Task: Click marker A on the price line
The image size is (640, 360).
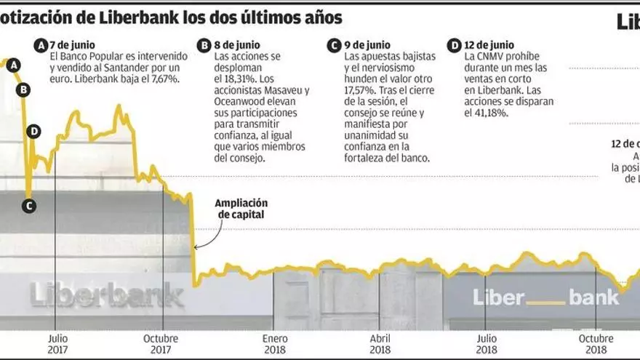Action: [x=15, y=65]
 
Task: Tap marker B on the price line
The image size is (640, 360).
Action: [x=23, y=90]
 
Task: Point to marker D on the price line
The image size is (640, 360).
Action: [x=33, y=132]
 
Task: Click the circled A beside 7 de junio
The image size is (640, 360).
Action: [x=41, y=46]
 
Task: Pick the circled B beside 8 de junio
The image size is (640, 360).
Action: [x=204, y=46]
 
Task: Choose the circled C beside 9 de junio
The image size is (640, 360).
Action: [x=333, y=46]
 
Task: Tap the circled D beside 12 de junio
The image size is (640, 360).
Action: [x=455, y=46]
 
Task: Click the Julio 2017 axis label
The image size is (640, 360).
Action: [x=57, y=344]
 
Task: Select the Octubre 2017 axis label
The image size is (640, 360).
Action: [x=161, y=344]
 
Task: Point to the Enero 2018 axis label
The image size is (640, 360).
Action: [x=275, y=344]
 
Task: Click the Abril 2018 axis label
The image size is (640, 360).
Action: [x=380, y=344]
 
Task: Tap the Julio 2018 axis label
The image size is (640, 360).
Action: [x=487, y=344]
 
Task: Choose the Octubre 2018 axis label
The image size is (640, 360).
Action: [x=596, y=344]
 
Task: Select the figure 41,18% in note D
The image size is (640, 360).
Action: [x=491, y=113]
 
